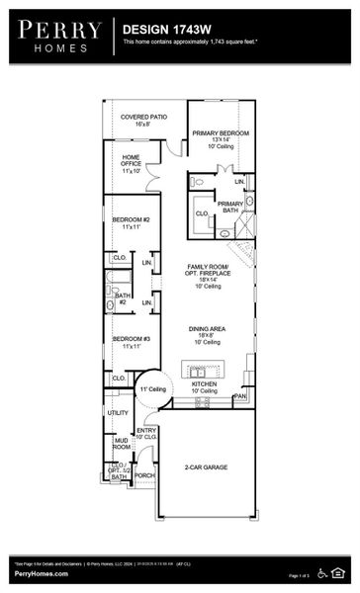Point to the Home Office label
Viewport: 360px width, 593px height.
pos(132,164)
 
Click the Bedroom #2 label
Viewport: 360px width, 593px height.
pos(131,222)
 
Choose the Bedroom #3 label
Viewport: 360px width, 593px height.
pos(131,343)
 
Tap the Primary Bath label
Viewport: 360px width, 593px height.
pos(230,208)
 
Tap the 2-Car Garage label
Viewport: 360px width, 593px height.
pos(207,466)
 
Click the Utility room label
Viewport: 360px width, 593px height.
pos(118,413)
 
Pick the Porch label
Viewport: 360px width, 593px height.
pos(144,475)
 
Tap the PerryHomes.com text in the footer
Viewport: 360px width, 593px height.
pos(40,574)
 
